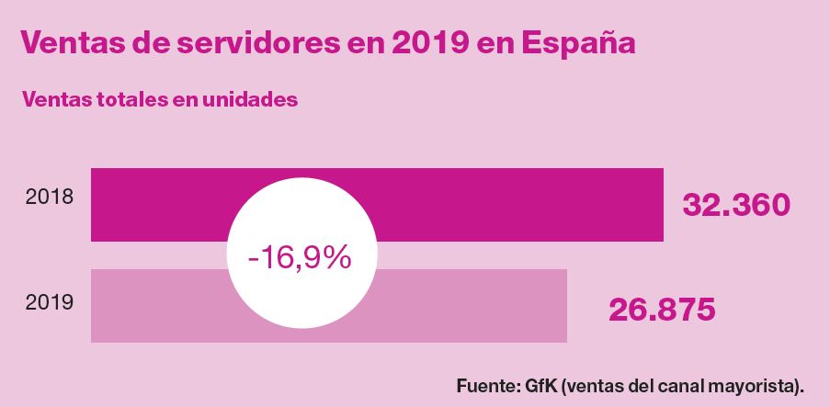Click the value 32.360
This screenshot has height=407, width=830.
(x=736, y=205)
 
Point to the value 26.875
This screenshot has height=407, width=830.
(x=662, y=310)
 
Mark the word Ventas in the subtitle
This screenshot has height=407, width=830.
(x=55, y=99)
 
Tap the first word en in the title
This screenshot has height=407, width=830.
(x=365, y=43)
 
